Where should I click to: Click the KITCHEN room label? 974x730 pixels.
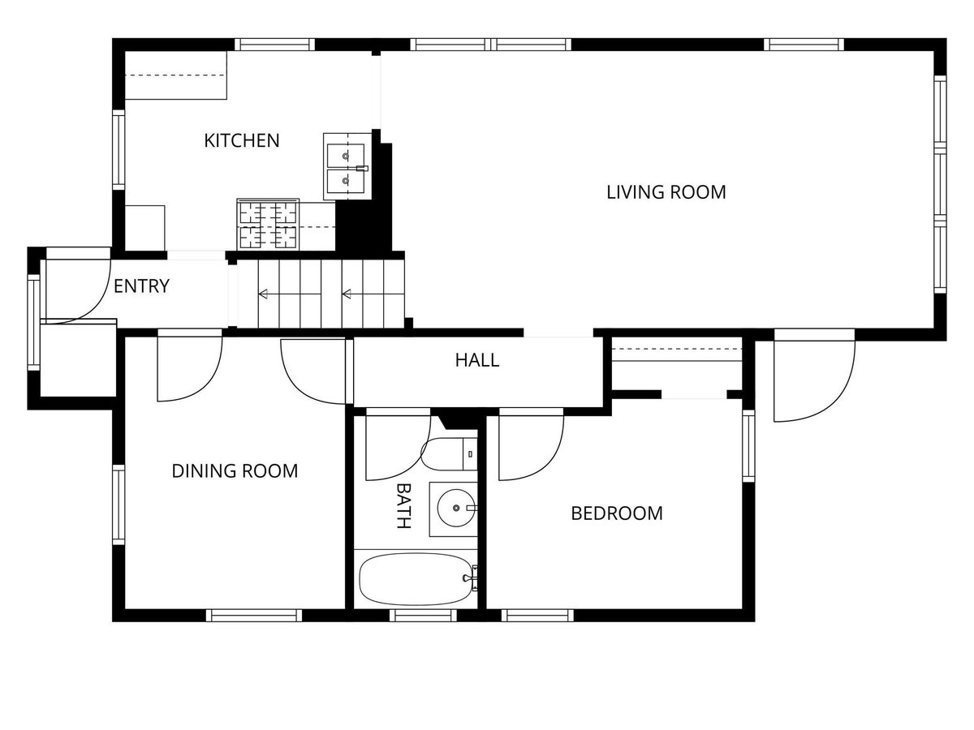coord(241,140)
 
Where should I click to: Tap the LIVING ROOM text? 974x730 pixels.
coord(666,192)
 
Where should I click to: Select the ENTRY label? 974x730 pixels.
coord(141,286)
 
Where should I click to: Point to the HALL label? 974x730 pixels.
coord(476,360)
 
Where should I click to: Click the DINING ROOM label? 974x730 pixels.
coord(235,470)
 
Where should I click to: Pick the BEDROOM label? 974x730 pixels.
coord(617,513)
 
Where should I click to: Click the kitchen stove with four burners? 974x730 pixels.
coord(268,225)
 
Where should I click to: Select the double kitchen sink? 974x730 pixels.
coord(347,166)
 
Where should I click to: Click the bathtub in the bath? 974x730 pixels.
coord(415,578)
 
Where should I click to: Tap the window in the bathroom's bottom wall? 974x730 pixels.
coord(422,615)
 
